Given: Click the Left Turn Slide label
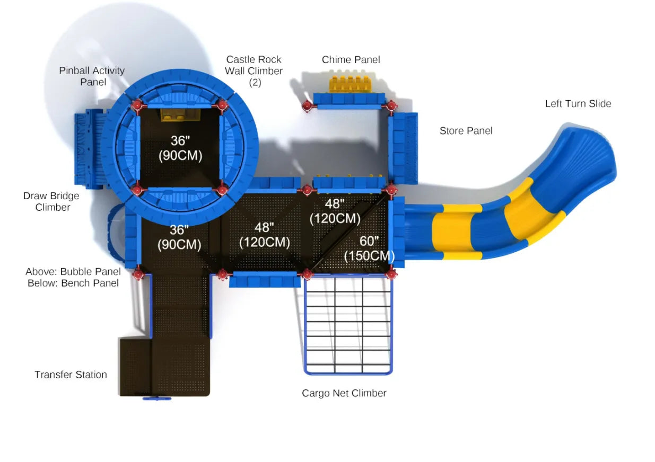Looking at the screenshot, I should point(578,104).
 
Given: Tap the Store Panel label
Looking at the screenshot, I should point(466,131).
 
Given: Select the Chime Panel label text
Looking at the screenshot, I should point(351,60).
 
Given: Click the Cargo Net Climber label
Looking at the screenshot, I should point(344,393).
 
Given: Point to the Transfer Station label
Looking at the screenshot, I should point(71,375).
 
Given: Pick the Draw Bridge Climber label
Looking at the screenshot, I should point(51,201).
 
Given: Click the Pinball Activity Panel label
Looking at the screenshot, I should point(92,76).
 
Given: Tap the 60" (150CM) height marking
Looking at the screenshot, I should point(369,248).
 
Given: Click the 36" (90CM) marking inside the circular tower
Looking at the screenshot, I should point(179,148).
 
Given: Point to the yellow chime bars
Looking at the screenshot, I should point(348,84).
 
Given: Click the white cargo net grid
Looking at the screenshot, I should point(348,323).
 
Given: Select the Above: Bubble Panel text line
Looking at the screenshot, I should point(73,272).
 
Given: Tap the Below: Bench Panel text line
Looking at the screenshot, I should point(73,283).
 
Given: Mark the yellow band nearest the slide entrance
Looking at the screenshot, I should point(451,232).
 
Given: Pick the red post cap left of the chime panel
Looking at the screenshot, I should point(307,106).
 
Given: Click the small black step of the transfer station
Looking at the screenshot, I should point(135,366).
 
